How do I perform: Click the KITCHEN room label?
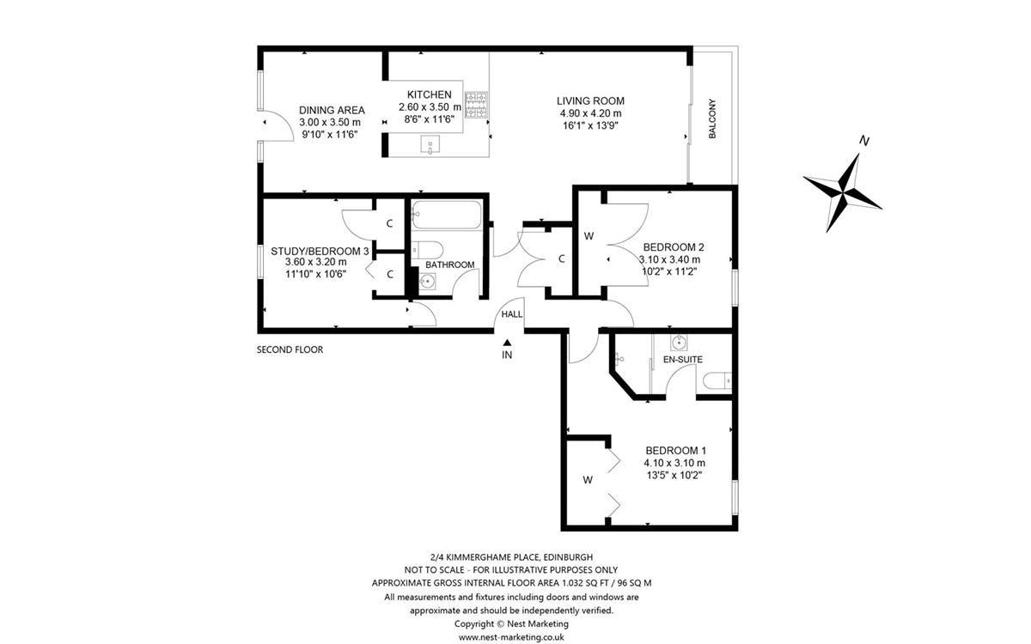[430, 94]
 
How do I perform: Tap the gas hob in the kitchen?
[476, 106]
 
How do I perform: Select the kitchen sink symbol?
[430, 144]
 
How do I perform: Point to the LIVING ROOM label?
[590, 100]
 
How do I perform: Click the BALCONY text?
[712, 118]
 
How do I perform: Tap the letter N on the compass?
[864, 141]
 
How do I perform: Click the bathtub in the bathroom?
[447, 215]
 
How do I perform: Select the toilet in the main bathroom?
[427, 250]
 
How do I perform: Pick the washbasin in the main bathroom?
[428, 281]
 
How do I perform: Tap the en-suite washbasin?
[679, 343]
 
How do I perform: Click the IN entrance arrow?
[507, 343]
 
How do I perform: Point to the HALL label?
[512, 314]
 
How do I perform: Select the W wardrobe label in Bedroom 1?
[588, 480]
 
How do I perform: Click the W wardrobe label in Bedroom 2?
[589, 236]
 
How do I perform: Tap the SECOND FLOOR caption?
[290, 349]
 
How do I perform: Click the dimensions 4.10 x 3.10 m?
[674, 463]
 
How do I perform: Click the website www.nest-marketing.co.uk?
[511, 637]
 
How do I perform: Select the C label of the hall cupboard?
[562, 259]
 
